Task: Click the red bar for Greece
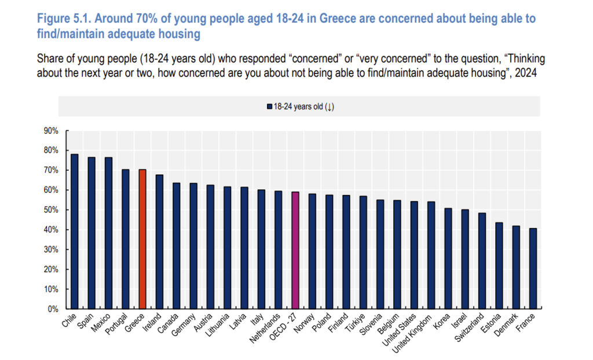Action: pos(142,239)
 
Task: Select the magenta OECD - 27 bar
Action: pos(295,251)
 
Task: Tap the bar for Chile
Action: pos(75,232)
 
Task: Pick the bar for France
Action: pos(533,269)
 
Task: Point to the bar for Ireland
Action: pos(160,241)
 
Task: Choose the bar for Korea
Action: pos(448,258)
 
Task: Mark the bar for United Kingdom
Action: pos(431,255)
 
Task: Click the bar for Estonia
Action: pos(499,266)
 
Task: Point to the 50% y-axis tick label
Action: pos(51,210)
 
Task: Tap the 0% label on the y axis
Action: pos(53,309)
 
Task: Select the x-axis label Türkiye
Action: pos(355,322)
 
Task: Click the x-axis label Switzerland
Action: pos(469,328)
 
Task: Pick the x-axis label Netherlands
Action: pos(265,328)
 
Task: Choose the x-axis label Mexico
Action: pos(101,323)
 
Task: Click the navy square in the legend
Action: pos(270,106)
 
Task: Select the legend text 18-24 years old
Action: pos(298,106)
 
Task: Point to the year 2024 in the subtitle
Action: pos(526,72)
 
